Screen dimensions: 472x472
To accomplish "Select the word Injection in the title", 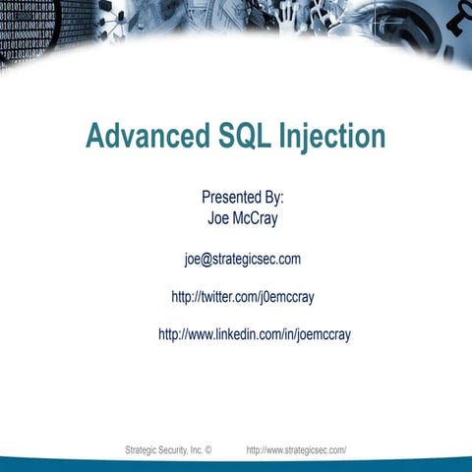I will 330,136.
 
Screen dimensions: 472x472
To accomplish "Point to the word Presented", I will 232,197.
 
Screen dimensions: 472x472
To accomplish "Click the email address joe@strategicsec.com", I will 242,259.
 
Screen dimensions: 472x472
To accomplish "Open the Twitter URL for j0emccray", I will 242,296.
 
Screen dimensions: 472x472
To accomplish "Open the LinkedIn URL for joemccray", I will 254,334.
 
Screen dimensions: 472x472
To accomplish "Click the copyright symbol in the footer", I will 208,449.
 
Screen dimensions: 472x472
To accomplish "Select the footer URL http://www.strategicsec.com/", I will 296,449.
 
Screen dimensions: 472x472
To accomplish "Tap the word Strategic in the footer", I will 142,449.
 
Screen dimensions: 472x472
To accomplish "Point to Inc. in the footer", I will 197,449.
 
